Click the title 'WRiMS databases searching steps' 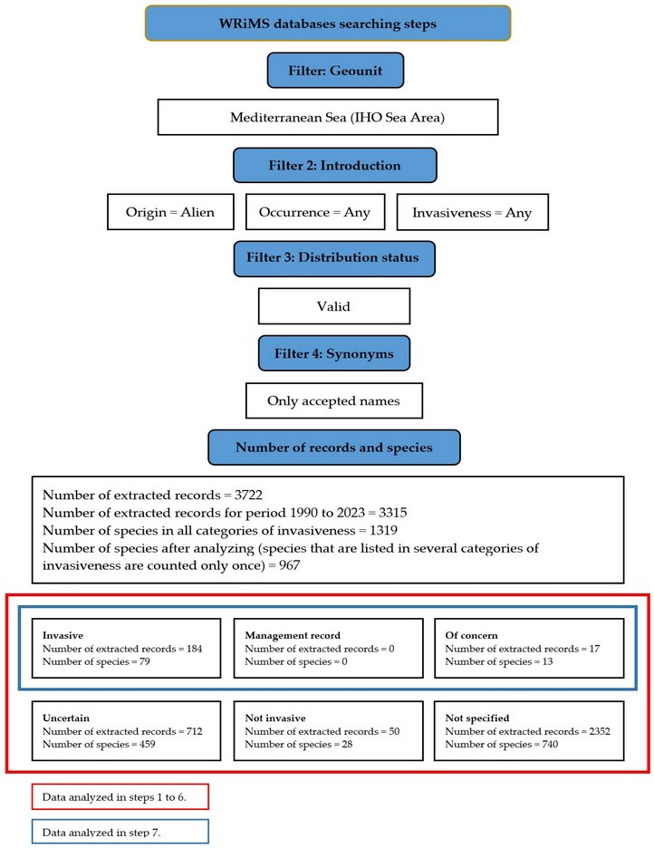[x=327, y=24]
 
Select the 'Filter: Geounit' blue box [x=335, y=70]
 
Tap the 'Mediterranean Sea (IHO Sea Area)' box [x=328, y=118]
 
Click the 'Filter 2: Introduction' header [x=335, y=166]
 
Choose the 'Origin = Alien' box [x=170, y=213]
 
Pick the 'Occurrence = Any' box [x=314, y=213]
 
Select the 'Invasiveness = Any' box [x=472, y=213]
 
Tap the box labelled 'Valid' [x=333, y=306]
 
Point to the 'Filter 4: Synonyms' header [x=334, y=353]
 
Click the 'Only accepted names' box [x=333, y=400]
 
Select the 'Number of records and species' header [x=334, y=448]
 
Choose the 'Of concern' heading [x=472, y=635]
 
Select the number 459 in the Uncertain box [x=139, y=744]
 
